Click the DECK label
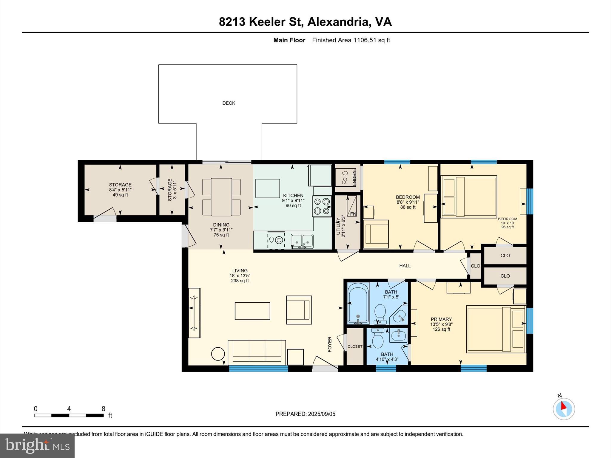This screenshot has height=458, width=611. point(229,103)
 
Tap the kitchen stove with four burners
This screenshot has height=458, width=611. point(322,206)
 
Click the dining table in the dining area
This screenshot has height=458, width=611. point(221,197)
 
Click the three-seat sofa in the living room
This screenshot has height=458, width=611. point(257,352)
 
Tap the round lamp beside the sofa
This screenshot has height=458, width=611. point(218,354)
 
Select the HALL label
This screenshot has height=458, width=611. point(405,266)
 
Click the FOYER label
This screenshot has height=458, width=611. point(330,344)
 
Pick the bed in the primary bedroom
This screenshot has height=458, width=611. point(495,329)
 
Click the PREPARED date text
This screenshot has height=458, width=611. point(305,414)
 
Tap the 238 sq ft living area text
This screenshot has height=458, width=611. point(240,281)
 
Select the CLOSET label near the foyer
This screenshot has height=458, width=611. point(355,346)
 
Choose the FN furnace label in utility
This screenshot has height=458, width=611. point(353,214)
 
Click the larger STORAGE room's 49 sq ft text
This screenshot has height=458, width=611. point(120,195)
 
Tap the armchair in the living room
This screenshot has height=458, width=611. point(299,310)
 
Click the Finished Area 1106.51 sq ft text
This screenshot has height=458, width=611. point(351,40)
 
